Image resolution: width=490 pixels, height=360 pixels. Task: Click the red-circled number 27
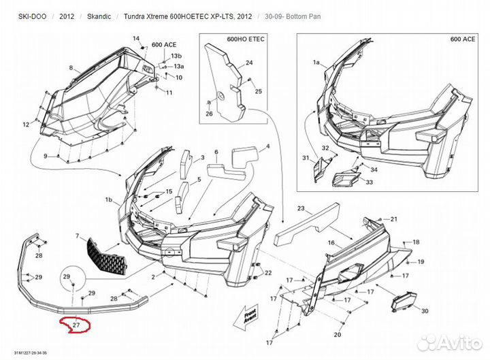tap(76, 326)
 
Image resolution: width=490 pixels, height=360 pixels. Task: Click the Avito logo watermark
tap(450, 342)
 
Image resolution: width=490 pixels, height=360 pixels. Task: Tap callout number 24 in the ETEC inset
tap(249, 63)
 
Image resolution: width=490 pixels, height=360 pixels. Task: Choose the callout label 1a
tap(316, 62)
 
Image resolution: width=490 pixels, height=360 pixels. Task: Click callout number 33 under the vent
tap(370, 182)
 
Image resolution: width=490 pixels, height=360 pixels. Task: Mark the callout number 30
tap(425, 311)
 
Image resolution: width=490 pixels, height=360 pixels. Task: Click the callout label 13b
tap(176, 55)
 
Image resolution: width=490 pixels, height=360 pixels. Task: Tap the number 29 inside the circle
tap(67, 276)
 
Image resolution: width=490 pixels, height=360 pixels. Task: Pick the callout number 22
tap(267, 273)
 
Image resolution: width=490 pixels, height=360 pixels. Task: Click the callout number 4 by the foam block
tap(267, 146)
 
